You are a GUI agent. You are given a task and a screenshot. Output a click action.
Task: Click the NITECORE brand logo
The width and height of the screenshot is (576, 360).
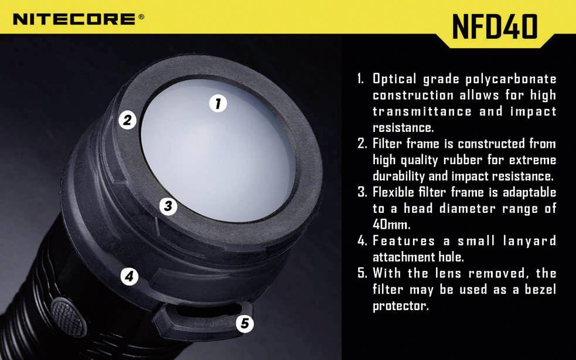74,19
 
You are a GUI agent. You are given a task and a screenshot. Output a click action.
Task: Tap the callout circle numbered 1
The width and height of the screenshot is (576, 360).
217,104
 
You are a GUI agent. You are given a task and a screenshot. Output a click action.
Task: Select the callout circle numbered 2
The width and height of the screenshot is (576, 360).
127,120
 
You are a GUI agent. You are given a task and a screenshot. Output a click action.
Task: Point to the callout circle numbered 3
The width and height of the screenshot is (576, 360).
168,206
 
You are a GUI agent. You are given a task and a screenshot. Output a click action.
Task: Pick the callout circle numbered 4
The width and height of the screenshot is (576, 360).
129,276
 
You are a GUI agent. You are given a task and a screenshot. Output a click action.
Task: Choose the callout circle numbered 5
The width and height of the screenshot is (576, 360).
244,323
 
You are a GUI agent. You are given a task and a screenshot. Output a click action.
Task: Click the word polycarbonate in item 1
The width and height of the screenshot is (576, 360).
511,79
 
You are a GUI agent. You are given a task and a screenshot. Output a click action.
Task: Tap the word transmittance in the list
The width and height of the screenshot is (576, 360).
422,111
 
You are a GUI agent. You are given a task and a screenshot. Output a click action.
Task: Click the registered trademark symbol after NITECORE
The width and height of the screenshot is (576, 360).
141,17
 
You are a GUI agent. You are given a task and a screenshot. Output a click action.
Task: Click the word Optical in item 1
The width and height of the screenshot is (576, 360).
394,79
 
